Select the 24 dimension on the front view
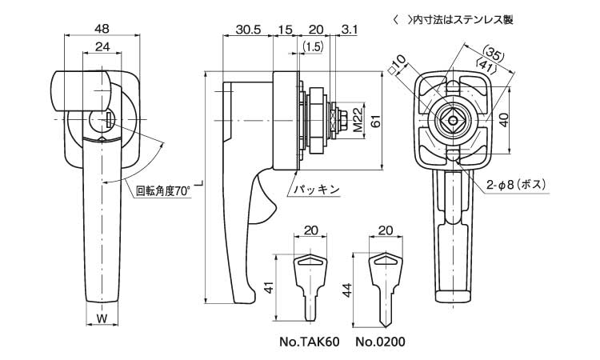[x=102, y=47]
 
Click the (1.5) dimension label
[x=314, y=48]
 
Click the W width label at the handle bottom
[x=102, y=319]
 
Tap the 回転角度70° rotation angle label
[x=163, y=191]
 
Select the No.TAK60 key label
[x=310, y=342]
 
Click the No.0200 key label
[x=381, y=342]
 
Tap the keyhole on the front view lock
[x=108, y=120]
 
